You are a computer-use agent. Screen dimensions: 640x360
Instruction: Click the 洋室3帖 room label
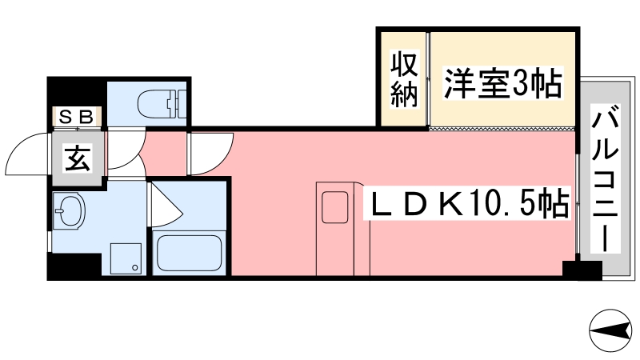[503, 83]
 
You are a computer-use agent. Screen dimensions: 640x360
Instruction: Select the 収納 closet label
[405, 79]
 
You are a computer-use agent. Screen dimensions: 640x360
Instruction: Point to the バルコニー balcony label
[606, 178]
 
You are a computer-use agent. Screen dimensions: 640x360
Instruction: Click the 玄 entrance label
[78, 158]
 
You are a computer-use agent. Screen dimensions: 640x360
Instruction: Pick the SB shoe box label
[76, 117]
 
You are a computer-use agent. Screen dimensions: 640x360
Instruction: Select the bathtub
[190, 253]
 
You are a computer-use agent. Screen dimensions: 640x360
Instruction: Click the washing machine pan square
[126, 258]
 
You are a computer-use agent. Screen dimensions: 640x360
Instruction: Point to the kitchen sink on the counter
[334, 207]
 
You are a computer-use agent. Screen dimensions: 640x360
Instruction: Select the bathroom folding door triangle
[166, 206]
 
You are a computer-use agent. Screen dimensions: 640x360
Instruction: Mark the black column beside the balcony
[582, 270]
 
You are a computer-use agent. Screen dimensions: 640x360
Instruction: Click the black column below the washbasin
[74, 266]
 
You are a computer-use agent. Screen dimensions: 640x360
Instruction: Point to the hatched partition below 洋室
[502, 129]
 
